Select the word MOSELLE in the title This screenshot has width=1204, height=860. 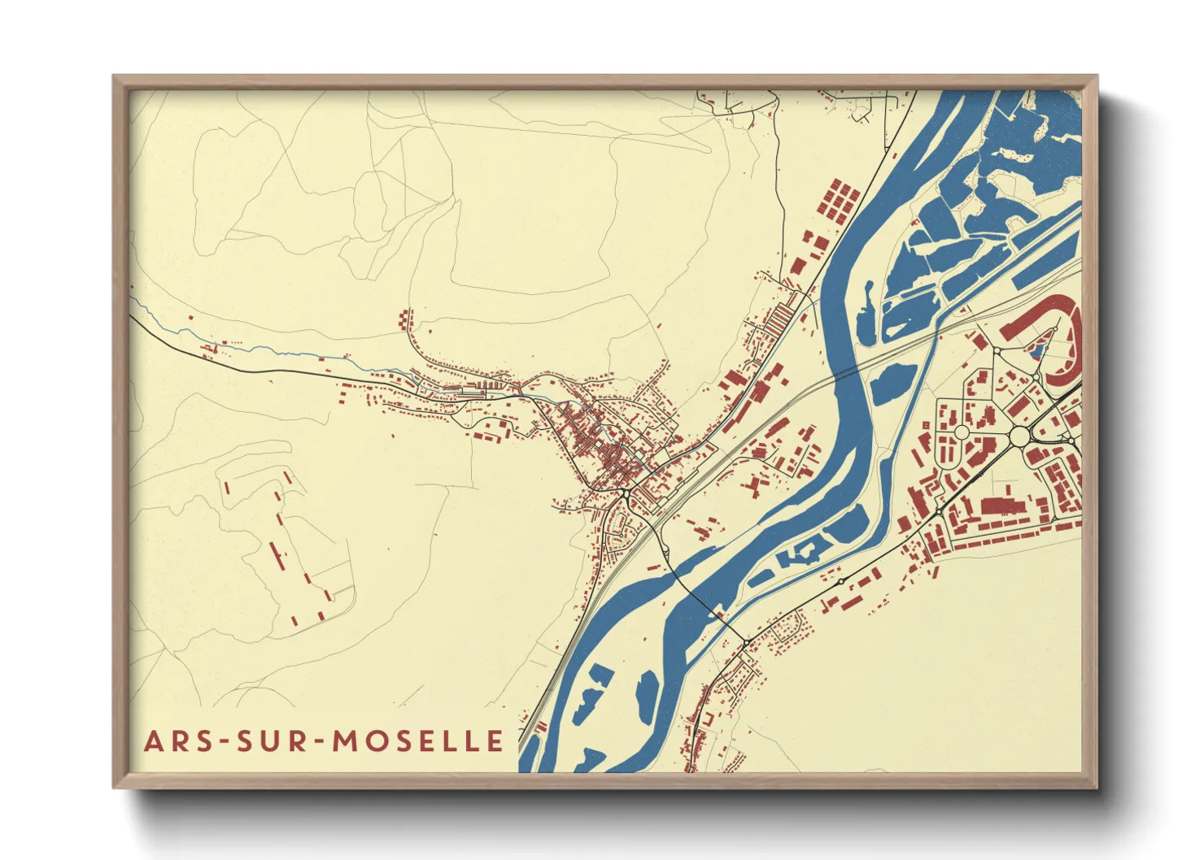point(420,741)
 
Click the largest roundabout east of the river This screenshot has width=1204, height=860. point(1020,437)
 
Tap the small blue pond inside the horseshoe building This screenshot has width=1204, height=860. point(1037,351)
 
